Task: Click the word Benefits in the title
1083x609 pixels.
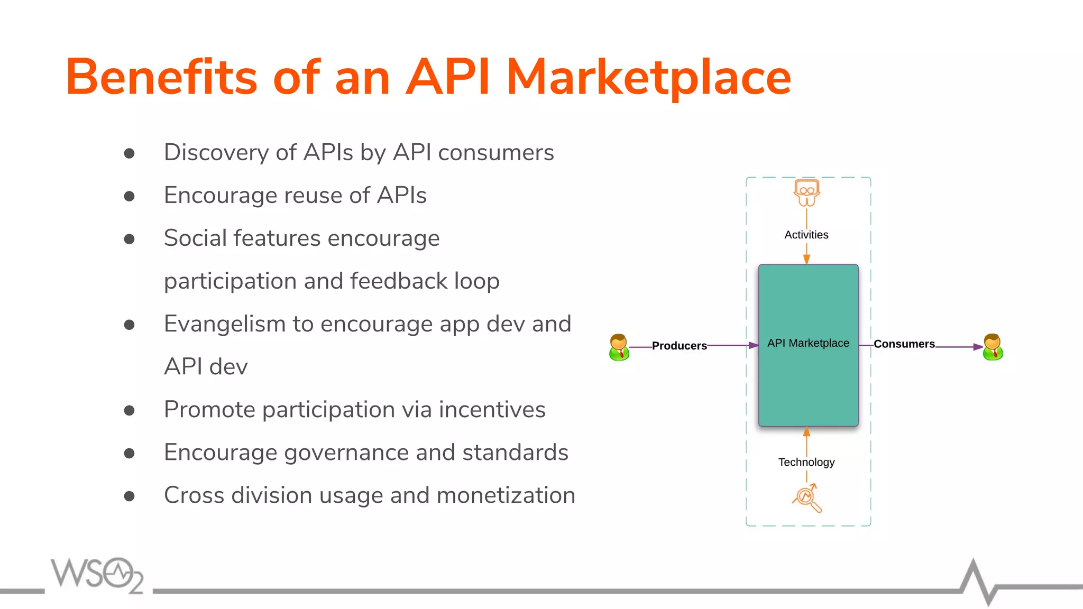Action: [x=161, y=78]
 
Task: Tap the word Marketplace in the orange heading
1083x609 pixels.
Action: [x=648, y=78]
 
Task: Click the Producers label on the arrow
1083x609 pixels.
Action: [x=679, y=346]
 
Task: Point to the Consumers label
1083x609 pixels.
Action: [x=904, y=344]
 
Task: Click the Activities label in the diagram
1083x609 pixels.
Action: [x=806, y=235]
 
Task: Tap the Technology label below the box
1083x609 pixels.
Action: [x=806, y=462]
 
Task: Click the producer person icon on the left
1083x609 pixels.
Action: [x=619, y=347]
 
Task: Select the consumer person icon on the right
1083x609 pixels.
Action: [x=993, y=347]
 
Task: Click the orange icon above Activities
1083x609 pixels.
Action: [x=806, y=192]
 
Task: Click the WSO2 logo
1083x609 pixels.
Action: [x=97, y=575]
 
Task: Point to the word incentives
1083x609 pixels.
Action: [x=492, y=410]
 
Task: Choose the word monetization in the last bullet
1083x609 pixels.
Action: [x=506, y=495]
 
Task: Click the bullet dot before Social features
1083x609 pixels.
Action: [x=129, y=239]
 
